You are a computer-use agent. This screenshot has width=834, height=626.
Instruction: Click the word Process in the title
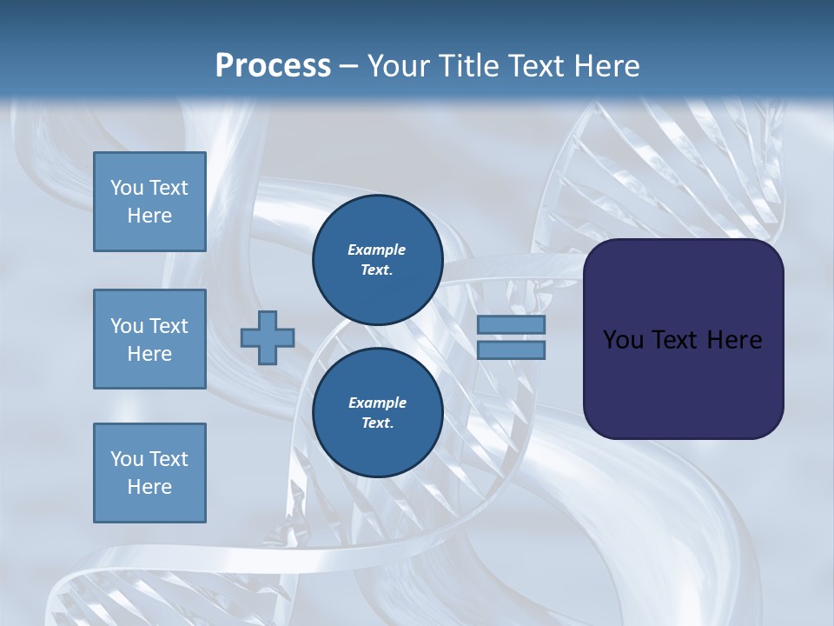pos(273,65)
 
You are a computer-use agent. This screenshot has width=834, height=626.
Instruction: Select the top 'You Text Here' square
pos(149,202)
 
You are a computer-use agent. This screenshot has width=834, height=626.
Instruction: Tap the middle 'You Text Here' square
pos(149,339)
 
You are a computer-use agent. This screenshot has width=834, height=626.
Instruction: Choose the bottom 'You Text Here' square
pos(149,473)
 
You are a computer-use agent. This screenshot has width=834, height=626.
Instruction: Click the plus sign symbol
pos(268,337)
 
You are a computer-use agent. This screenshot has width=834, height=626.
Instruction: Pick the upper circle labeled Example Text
pos(377,260)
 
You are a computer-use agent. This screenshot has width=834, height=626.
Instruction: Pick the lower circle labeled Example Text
pos(377,413)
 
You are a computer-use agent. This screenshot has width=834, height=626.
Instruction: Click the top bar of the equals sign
pos(511,325)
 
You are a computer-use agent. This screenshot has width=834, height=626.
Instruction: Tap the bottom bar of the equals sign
pos(511,350)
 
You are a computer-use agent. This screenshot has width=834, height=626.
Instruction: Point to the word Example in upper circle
pos(377,250)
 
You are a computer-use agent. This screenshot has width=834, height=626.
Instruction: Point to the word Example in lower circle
pos(377,403)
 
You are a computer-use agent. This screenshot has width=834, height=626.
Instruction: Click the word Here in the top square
pos(149,216)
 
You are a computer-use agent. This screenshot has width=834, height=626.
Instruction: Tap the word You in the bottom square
pos(125,459)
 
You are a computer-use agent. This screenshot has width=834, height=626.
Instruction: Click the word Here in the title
pos(607,65)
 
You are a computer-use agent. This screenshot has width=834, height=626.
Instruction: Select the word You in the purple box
pos(622,340)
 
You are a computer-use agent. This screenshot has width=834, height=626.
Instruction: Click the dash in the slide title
pos(348,66)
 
